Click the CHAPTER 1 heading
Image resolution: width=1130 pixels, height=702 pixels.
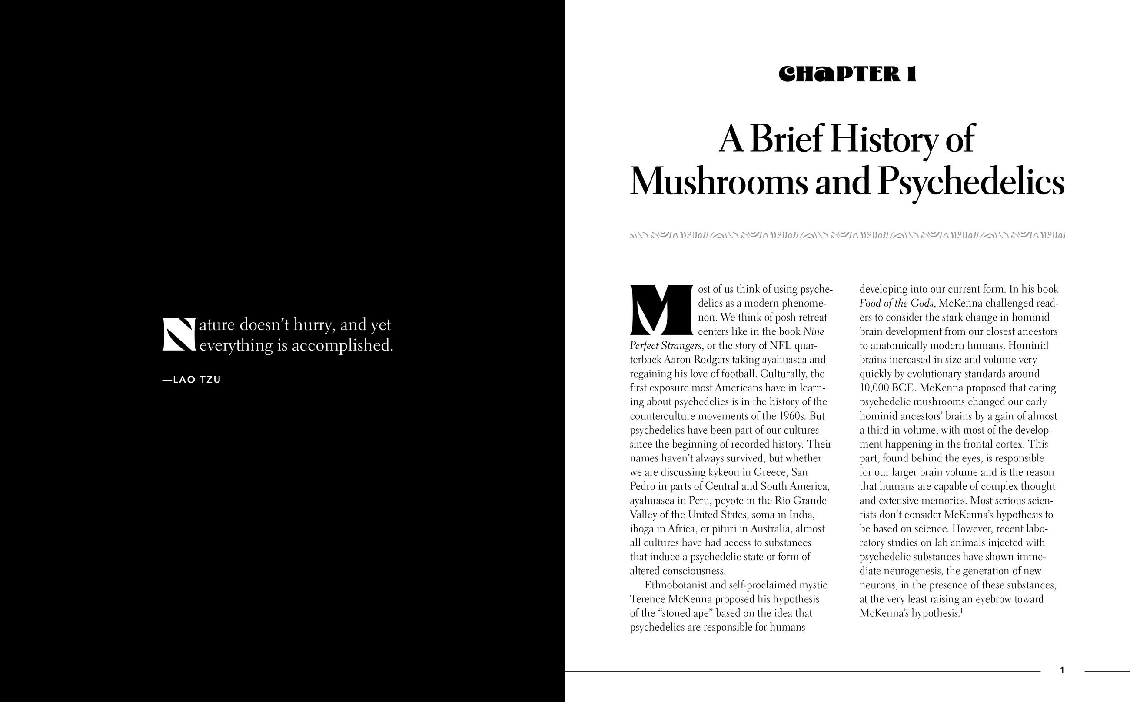847,75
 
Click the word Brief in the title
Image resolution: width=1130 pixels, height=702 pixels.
781,139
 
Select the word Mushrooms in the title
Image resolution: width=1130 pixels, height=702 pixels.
718,182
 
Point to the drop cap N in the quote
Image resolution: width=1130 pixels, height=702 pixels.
179,334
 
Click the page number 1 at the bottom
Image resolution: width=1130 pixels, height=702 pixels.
1062,670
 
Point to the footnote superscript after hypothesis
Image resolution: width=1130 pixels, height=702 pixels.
960,611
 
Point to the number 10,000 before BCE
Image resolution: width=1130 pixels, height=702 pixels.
874,388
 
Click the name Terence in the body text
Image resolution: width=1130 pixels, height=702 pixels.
647,599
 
